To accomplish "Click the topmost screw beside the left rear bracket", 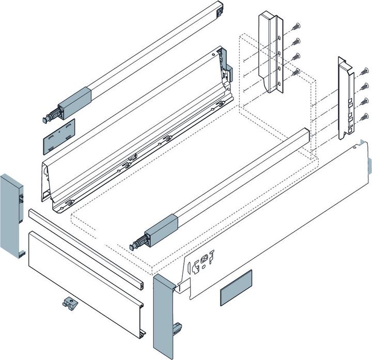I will [x=296, y=25].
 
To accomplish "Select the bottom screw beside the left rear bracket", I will [x=296, y=72].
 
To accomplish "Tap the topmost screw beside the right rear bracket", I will [x=365, y=72].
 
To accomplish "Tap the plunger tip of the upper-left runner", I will [x=45, y=118].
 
